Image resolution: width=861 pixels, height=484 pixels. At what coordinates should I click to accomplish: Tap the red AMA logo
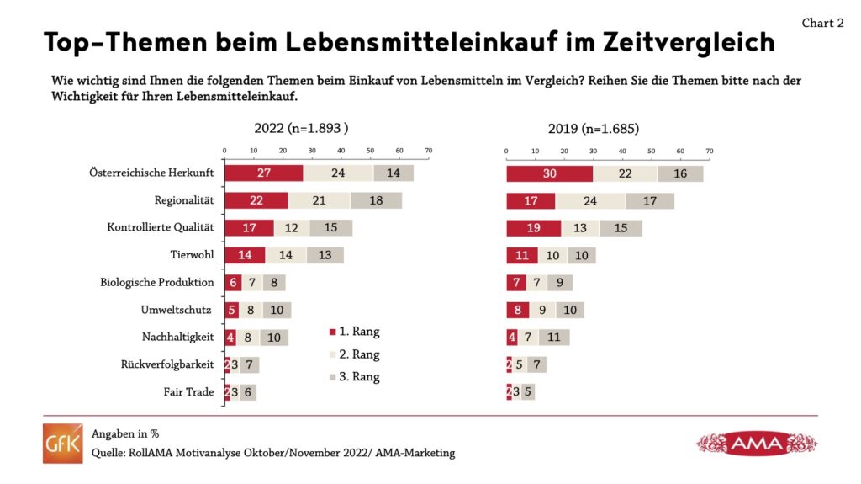point(757,443)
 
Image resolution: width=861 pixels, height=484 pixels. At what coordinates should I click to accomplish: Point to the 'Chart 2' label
point(822,24)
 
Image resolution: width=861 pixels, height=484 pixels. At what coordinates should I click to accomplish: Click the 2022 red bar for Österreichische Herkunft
point(263,173)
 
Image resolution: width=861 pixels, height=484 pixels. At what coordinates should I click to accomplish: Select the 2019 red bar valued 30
point(549,173)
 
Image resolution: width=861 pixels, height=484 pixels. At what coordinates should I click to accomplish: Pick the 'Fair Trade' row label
point(191,392)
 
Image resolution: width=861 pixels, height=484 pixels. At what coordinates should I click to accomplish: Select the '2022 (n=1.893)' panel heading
point(301,129)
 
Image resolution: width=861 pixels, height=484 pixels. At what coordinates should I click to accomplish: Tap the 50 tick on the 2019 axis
point(652,151)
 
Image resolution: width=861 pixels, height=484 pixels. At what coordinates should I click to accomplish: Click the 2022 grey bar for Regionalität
point(376,200)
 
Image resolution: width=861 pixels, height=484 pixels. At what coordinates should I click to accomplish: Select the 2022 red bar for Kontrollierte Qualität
point(249,227)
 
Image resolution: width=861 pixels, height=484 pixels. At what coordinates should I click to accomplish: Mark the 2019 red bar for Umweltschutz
point(518,310)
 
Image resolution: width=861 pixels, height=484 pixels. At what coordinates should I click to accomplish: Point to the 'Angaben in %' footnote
point(125,434)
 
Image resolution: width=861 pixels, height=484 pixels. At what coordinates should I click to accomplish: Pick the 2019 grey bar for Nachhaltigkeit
point(554,338)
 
